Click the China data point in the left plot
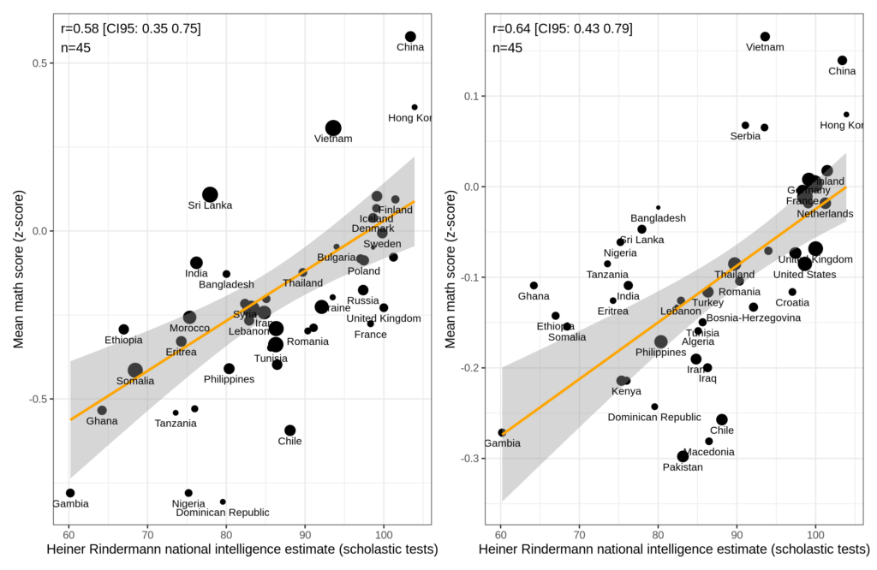[x=410, y=37]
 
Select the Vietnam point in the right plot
[x=765, y=37]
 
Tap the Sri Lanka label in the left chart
[x=211, y=205]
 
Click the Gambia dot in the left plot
[x=70, y=493]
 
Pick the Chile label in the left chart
[x=289, y=442]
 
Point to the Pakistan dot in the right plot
[x=683, y=456]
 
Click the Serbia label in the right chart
[x=745, y=136]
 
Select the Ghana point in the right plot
[x=534, y=286]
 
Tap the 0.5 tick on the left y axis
[x=44, y=63]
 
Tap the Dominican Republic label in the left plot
[x=223, y=513]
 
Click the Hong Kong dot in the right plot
[x=846, y=115]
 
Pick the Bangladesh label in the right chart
[x=658, y=218]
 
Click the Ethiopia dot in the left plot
[x=123, y=330]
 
